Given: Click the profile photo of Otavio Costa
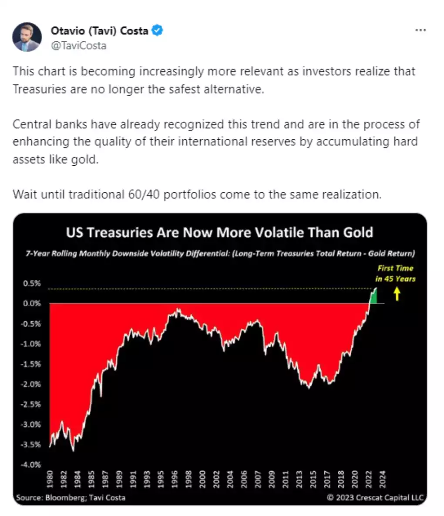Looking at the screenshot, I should pyautogui.click(x=27, y=37).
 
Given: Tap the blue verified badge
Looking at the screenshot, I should pyautogui.click(x=157, y=30).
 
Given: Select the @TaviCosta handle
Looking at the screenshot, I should pyautogui.click(x=78, y=45).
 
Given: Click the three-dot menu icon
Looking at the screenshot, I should pyautogui.click(x=420, y=30).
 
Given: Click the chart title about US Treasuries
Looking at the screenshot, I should pyautogui.click(x=219, y=232).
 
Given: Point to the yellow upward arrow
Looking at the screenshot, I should pyautogui.click(x=397, y=295).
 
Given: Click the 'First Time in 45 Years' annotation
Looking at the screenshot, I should pyautogui.click(x=395, y=273).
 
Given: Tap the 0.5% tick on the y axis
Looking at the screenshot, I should pyautogui.click(x=32, y=283).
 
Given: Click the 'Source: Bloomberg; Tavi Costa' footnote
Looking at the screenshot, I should pyautogui.click(x=71, y=497).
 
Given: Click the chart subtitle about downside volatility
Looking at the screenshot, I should pyautogui.click(x=233, y=253).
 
